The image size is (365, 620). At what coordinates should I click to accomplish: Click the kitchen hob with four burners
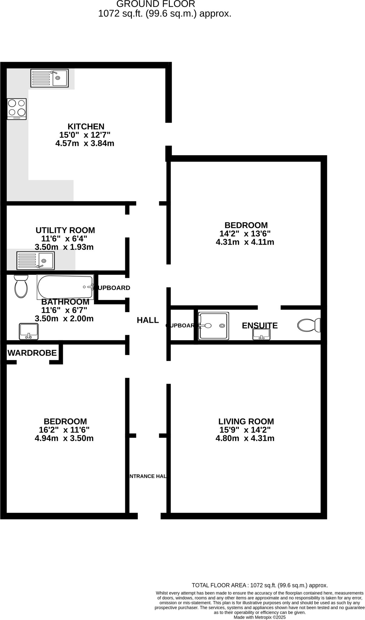pos(17,109)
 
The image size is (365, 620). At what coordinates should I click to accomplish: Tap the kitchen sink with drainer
pos(49,78)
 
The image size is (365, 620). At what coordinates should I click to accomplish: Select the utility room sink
pos(36,260)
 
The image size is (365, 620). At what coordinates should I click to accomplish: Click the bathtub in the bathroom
pos(65,287)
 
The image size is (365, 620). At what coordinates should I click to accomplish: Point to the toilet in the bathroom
pos(21,286)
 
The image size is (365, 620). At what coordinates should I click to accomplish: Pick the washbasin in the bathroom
pos(29,331)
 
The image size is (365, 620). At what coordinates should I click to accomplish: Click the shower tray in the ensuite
pos(214,326)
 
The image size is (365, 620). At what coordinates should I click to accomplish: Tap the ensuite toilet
pos(309,325)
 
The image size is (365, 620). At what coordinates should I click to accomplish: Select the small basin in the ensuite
pos(261,334)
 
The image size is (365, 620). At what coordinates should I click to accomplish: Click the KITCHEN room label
pos(86,126)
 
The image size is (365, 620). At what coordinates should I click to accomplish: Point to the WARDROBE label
pos(32,353)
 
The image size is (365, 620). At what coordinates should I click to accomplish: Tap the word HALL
pos(148,320)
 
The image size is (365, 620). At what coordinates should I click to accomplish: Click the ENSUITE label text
pos(260,325)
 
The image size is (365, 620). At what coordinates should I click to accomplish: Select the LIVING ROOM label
pos(246,421)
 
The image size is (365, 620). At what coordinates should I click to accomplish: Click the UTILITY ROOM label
pos(65,230)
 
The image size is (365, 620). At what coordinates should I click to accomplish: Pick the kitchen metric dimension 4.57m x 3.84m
pos(85,143)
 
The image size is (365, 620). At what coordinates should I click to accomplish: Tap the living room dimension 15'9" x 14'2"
pos(245,430)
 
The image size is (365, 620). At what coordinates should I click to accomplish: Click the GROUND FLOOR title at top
pos(156,4)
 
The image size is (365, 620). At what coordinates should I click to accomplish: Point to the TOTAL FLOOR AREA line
pos(260,585)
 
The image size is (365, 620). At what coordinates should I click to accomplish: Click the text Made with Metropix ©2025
pos(260,617)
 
